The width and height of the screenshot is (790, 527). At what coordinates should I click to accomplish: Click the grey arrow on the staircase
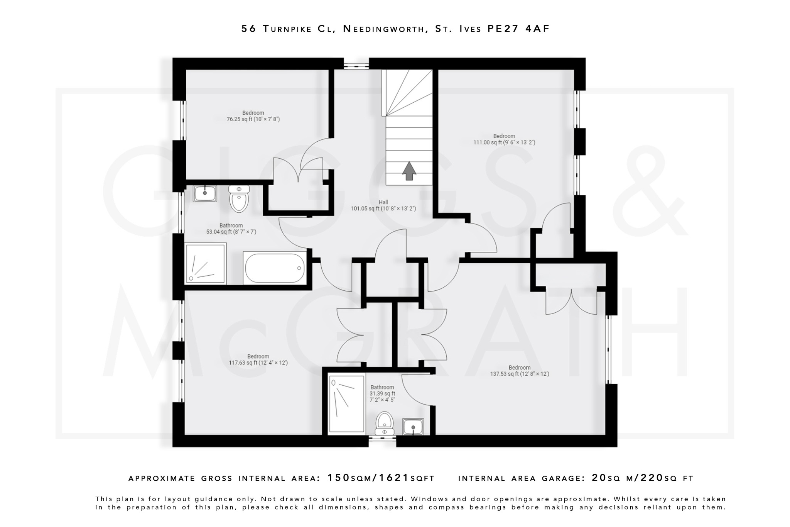(409, 171)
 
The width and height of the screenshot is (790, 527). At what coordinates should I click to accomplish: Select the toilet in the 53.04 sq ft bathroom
(239, 199)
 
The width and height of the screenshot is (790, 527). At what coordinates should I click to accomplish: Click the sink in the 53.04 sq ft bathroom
(205, 193)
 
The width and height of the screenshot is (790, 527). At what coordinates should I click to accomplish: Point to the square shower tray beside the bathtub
(205, 264)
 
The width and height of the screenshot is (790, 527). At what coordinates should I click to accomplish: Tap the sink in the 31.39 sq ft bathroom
(413, 427)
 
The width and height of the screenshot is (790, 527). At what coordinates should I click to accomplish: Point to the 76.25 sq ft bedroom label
(253, 116)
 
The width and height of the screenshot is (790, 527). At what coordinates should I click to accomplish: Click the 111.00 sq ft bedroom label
(504, 139)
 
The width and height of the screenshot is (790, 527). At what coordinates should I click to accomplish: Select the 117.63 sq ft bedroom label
(258, 359)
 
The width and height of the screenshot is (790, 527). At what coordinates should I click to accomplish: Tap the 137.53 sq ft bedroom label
(519, 371)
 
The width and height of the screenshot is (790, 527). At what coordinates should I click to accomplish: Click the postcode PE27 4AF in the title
(518, 29)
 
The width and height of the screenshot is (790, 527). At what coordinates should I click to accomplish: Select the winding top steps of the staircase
(407, 93)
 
